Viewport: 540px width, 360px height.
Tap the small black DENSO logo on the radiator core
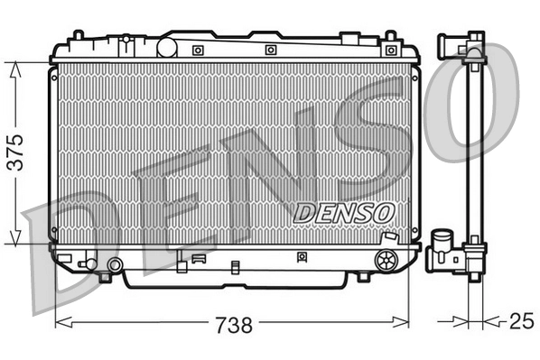coord(345,210)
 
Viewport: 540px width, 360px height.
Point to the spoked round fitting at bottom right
coord(386,262)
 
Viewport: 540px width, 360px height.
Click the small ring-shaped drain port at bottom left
coord(115,264)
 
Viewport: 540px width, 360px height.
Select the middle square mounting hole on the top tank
coord(270,51)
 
